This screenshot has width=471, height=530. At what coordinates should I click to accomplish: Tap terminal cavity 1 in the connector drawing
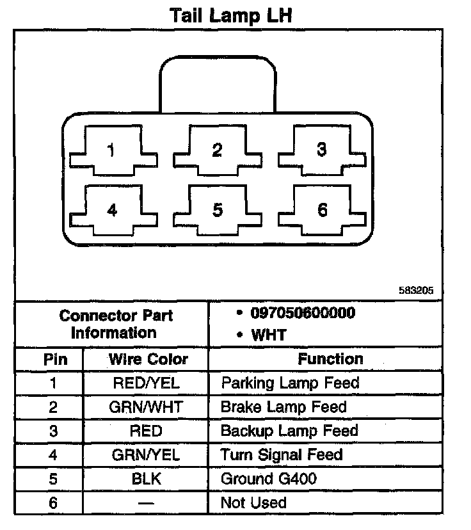pyautogui.click(x=113, y=152)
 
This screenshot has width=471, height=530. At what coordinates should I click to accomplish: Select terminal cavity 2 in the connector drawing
pyautogui.click(x=217, y=152)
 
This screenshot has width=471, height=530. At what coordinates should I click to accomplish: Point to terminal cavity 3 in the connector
pyautogui.click(x=322, y=150)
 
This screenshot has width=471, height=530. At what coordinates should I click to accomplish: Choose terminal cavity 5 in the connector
pyautogui.click(x=217, y=210)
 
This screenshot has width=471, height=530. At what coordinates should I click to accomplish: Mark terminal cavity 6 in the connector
pyautogui.click(x=322, y=210)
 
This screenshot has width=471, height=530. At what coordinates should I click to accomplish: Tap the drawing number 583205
pyautogui.click(x=416, y=290)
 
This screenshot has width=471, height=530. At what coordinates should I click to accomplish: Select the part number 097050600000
pyautogui.click(x=303, y=314)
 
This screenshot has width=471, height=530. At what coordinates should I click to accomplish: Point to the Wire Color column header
pyautogui.click(x=148, y=358)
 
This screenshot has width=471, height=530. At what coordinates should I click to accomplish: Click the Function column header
pyautogui.click(x=330, y=358)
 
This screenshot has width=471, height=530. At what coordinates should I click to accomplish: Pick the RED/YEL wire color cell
pyautogui.click(x=146, y=383)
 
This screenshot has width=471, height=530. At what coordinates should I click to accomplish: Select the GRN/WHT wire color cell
pyautogui.click(x=146, y=407)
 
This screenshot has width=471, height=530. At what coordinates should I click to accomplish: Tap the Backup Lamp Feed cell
pyautogui.click(x=289, y=431)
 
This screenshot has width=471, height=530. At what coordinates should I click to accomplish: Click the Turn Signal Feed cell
pyautogui.click(x=282, y=455)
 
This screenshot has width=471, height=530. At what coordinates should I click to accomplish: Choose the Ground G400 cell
pyautogui.click(x=269, y=479)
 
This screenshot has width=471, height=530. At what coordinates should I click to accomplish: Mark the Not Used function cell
pyautogui.click(x=253, y=503)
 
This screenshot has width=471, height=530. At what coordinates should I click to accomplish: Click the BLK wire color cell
pyautogui.click(x=146, y=479)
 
